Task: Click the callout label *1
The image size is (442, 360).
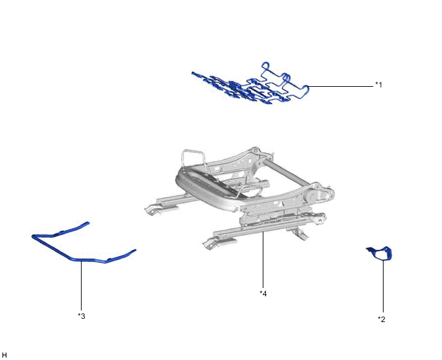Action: pyautogui.click(x=378, y=85)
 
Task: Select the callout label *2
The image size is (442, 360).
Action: pyautogui.click(x=382, y=318)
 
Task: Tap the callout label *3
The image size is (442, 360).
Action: pyautogui.click(x=82, y=315)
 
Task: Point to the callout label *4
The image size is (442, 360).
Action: pyautogui.click(x=263, y=293)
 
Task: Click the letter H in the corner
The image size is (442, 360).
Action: pyautogui.click(x=4, y=354)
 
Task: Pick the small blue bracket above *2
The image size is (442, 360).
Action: pyautogui.click(x=380, y=253)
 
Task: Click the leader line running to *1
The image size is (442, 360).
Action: pyautogui.click(x=340, y=85)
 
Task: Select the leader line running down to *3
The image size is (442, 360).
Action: pyautogui.click(x=82, y=286)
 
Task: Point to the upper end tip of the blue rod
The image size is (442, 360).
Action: pyautogui.click(x=88, y=223)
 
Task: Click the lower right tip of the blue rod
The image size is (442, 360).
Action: pyautogui.click(x=135, y=250)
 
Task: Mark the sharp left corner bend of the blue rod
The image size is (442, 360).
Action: pyautogui.click(x=33, y=237)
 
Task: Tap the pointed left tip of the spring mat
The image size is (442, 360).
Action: pyautogui.click(x=193, y=73)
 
